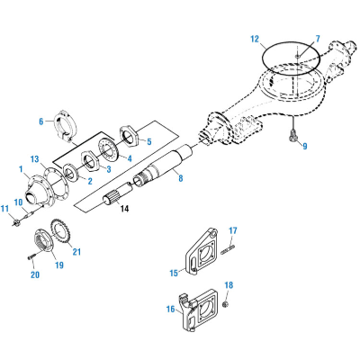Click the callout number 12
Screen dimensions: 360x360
click(255, 39)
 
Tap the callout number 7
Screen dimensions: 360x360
click(317, 39)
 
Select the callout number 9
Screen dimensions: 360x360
click(304, 146)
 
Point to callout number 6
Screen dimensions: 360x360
click(40, 121)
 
